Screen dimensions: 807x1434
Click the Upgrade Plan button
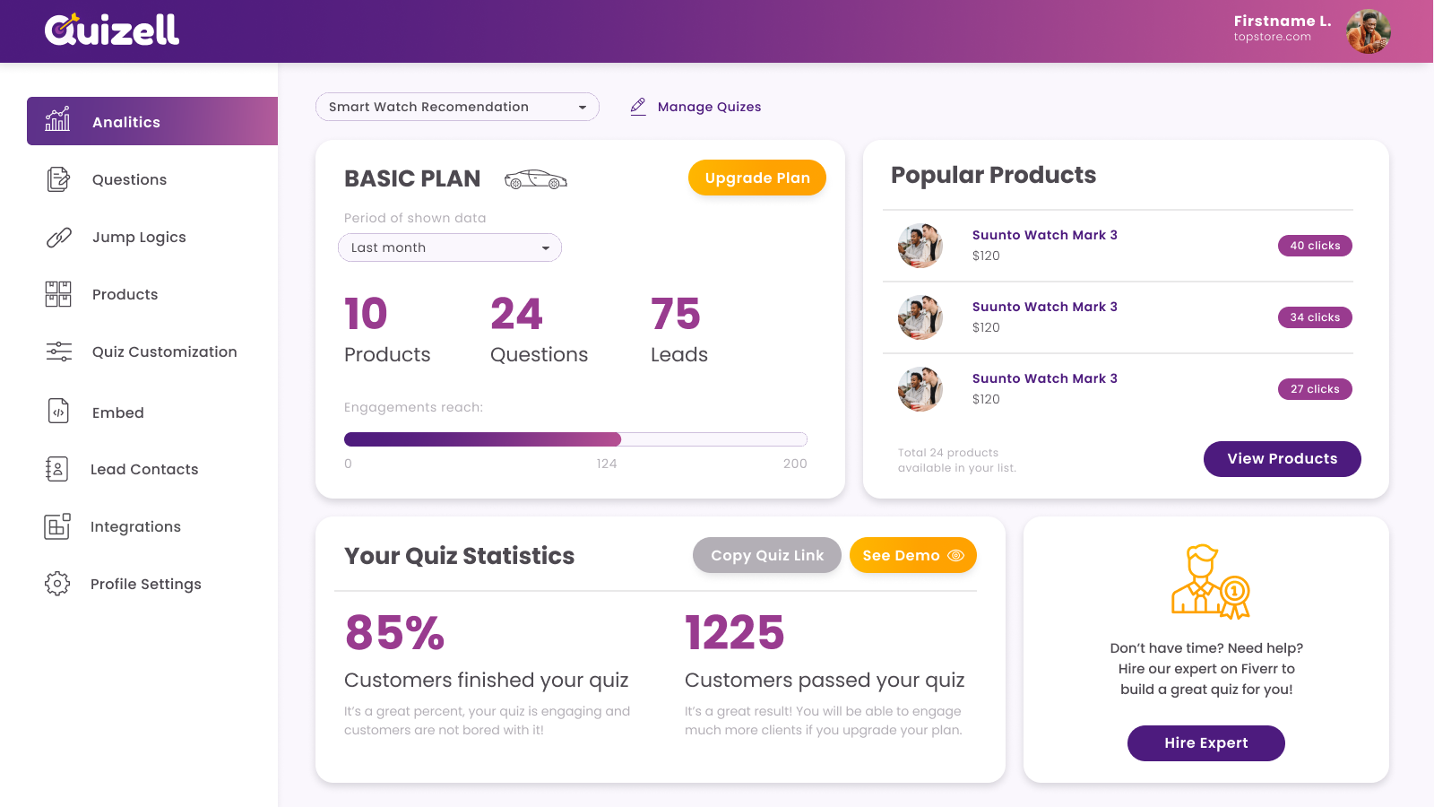click(x=756, y=178)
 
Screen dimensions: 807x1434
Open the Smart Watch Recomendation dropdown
click(x=457, y=107)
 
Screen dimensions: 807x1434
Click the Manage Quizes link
click(x=708, y=107)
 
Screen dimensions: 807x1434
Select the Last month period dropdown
click(x=450, y=247)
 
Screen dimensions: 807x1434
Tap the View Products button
click(x=1282, y=459)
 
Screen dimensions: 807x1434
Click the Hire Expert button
click(x=1205, y=743)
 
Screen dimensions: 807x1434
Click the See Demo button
click(x=912, y=555)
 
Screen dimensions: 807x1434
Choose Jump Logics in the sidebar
click(x=139, y=238)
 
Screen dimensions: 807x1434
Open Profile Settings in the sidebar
click(x=145, y=585)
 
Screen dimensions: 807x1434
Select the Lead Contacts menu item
click(x=143, y=470)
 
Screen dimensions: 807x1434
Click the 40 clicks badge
click(x=1315, y=246)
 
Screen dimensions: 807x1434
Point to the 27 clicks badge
click(x=1315, y=389)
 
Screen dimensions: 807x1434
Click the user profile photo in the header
click(x=1368, y=31)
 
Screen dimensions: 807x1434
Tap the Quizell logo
click(x=112, y=30)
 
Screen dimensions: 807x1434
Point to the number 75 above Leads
click(x=676, y=314)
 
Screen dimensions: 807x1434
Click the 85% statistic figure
click(x=394, y=632)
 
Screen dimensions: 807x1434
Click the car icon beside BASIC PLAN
click(x=536, y=179)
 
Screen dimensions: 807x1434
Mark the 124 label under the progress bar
click(x=607, y=464)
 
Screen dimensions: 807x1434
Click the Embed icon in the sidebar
click(x=58, y=412)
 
